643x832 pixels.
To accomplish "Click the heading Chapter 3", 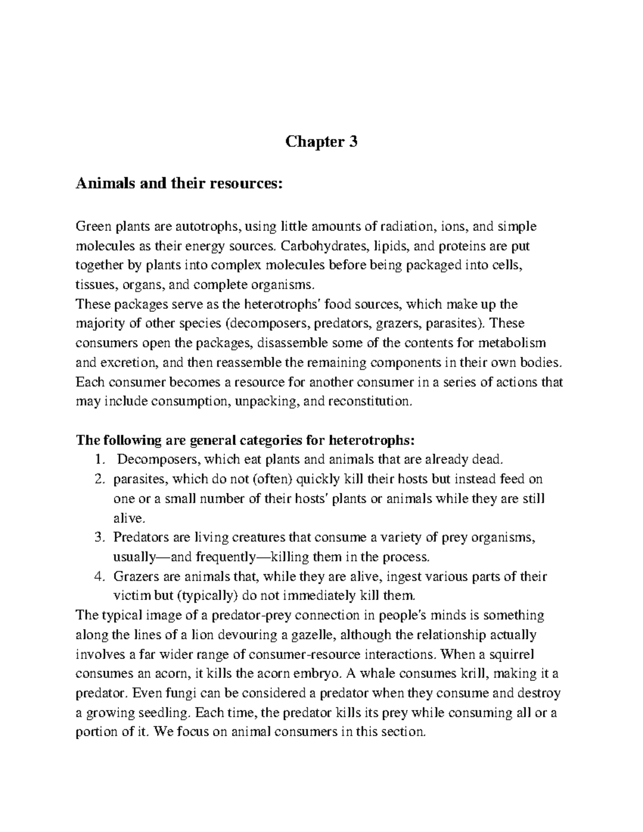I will [x=321, y=142].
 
